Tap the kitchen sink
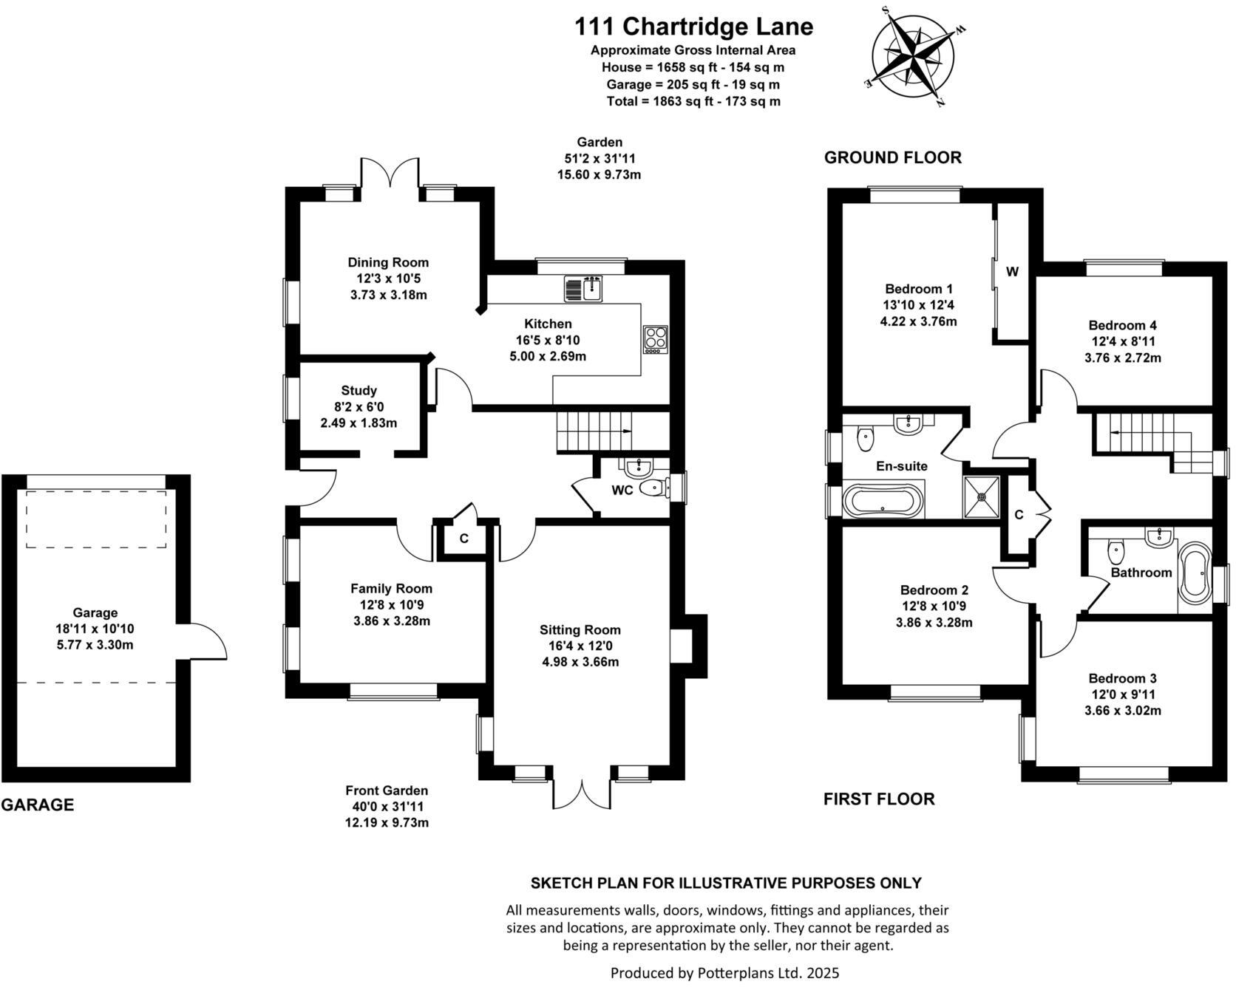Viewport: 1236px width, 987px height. point(585,288)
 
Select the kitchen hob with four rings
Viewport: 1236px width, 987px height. point(655,340)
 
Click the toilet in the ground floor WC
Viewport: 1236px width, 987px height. point(652,488)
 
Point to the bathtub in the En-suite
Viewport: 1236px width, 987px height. point(884,501)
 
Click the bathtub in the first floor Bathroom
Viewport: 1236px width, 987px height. point(1194,573)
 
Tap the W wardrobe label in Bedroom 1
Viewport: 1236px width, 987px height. point(1012,272)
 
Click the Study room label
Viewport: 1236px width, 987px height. point(359,391)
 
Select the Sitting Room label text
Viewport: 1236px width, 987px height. point(580,630)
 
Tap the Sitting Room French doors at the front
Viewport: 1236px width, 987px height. point(582,794)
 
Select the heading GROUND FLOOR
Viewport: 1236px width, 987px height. point(892,157)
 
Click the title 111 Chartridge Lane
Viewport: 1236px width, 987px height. point(693,27)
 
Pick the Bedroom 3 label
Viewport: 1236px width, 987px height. point(1122,678)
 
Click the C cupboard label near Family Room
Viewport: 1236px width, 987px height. point(463,539)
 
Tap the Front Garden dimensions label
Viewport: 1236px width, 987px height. point(387,806)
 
